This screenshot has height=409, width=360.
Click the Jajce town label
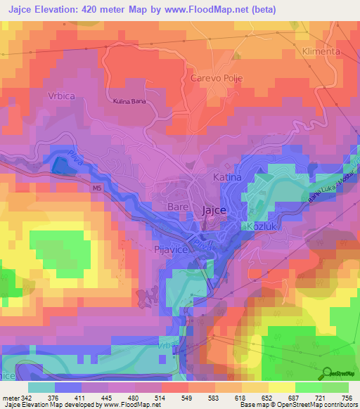(x=214, y=209)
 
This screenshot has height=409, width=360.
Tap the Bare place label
(x=179, y=207)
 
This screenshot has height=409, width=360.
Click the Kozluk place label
(x=260, y=226)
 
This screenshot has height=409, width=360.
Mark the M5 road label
(x=97, y=188)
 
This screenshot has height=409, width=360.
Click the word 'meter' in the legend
(x=10, y=397)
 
